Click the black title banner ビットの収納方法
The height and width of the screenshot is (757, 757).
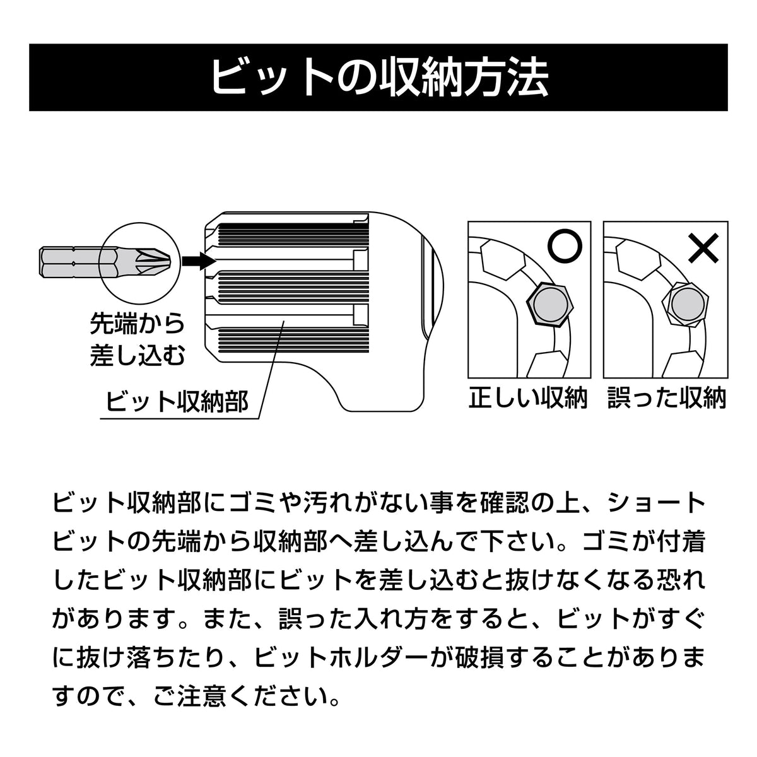tap(378, 77)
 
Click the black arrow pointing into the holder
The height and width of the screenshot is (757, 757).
tap(199, 260)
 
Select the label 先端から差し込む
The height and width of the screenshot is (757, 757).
tap(137, 339)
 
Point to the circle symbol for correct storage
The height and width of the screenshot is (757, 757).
tap(565, 245)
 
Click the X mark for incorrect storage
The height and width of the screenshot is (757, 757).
tap(703, 247)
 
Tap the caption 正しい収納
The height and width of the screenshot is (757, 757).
tap(528, 398)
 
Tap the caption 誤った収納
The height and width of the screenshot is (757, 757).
tap(667, 398)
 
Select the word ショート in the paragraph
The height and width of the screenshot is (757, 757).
tap(655, 503)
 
